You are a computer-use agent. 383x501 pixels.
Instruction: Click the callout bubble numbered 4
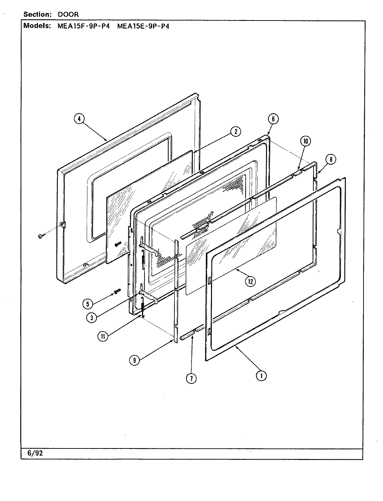(79, 119)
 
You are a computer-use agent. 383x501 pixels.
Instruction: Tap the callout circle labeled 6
(273, 119)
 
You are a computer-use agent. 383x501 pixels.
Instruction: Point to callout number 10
(305, 141)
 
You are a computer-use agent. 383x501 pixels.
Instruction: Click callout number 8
(331, 159)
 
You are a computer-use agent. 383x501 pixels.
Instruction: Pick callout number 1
(261, 375)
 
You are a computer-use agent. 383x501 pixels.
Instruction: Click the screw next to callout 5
(117, 291)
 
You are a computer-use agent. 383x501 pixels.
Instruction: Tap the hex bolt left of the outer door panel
(40, 236)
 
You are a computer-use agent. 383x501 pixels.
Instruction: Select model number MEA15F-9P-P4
(83, 26)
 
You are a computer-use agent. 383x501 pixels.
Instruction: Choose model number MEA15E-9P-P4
(143, 26)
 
